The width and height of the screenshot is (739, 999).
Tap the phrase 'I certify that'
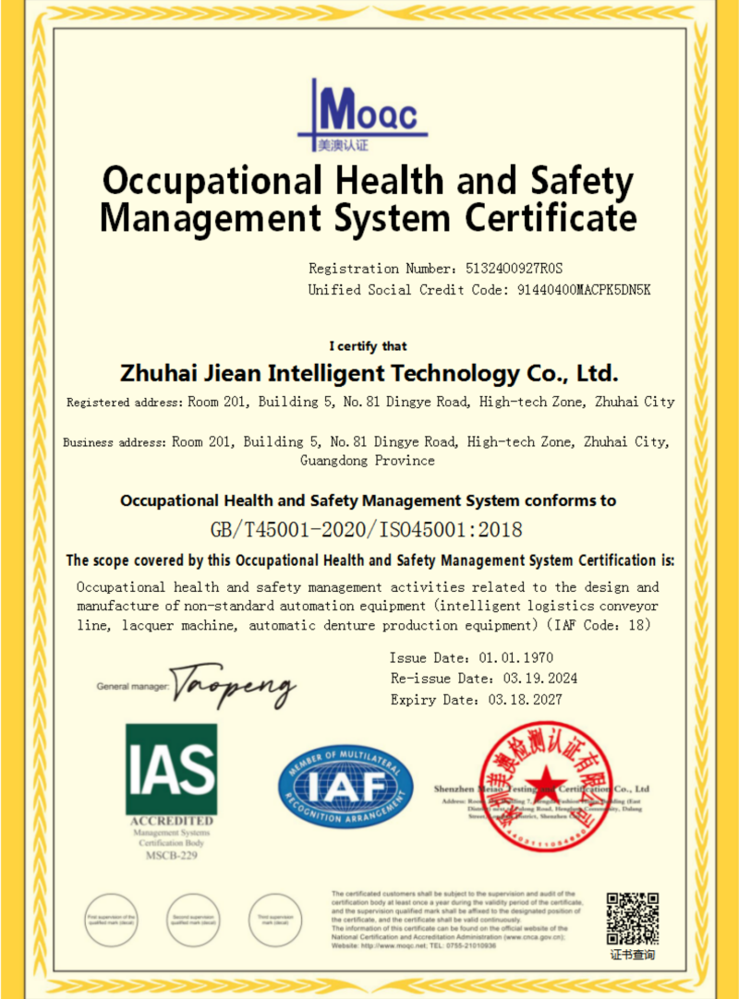click(x=369, y=346)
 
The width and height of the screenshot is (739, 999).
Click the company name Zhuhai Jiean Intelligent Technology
click(x=369, y=374)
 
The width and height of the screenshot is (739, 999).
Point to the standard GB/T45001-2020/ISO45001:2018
click(x=367, y=530)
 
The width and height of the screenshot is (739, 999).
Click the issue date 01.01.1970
click(x=515, y=658)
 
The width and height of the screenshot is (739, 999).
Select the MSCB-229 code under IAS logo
click(x=171, y=856)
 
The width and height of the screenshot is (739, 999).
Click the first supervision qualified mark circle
click(x=112, y=921)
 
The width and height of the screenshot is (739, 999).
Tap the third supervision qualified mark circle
click(x=274, y=921)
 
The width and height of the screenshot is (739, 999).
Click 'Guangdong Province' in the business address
click(x=368, y=461)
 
